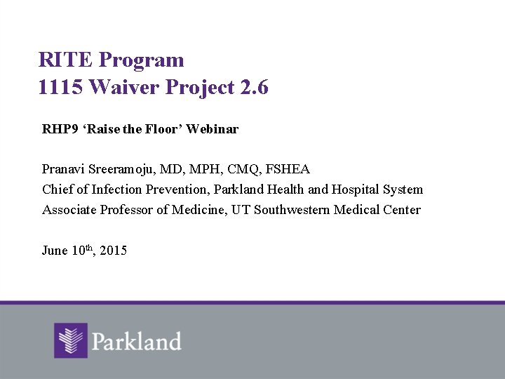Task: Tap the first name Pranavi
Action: click(x=63, y=169)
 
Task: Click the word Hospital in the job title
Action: click(x=355, y=189)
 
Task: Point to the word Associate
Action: click(x=69, y=210)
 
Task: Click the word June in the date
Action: click(x=55, y=251)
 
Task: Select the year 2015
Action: click(x=114, y=251)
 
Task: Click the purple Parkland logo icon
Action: click(x=71, y=340)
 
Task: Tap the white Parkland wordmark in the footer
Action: click(x=136, y=342)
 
